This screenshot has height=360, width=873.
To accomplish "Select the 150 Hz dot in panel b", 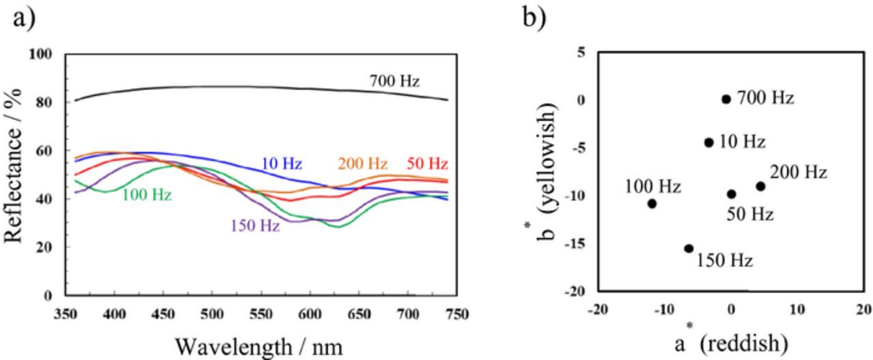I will point(689,249).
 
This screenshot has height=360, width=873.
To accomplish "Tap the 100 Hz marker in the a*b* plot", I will point(652,203).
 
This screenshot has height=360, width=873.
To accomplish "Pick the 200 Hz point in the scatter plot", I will point(760,186).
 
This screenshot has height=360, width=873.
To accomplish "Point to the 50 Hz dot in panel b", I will point(731,194).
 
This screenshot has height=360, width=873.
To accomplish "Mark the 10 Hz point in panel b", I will point(709,142).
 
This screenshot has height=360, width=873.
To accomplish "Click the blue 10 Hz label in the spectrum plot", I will point(281,164).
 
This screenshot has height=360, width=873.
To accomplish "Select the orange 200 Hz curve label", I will point(362,164).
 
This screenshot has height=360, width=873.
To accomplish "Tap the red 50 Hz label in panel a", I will point(427,164).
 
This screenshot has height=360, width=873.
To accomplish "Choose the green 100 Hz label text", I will point(147,195).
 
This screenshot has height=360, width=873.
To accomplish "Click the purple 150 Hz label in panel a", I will point(255,226).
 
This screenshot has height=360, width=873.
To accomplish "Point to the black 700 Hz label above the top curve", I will point(394,81).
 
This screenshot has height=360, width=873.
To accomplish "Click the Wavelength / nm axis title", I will point(259,346).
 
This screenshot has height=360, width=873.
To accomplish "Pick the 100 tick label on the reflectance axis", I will point(40,54).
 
